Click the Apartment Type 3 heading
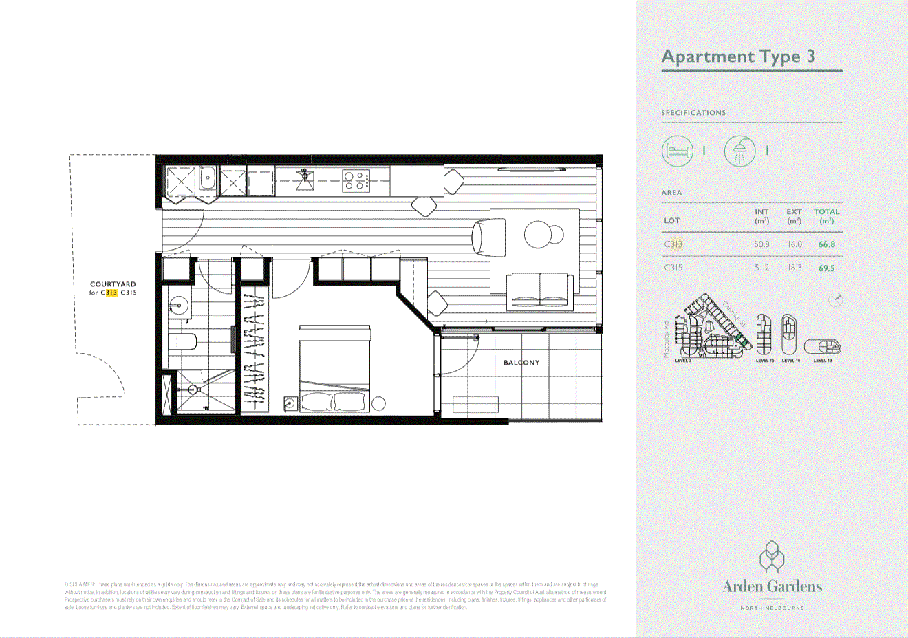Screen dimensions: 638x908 click(x=738, y=56)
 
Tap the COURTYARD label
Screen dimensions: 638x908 click(x=113, y=284)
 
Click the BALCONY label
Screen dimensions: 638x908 click(x=521, y=363)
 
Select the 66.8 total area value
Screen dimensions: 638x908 click(x=826, y=244)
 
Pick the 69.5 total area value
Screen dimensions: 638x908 click(x=826, y=268)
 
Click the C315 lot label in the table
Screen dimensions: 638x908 click(x=673, y=268)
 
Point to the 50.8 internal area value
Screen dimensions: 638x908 click(x=761, y=244)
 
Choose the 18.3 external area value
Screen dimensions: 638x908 click(x=794, y=268)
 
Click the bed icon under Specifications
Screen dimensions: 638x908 click(x=677, y=151)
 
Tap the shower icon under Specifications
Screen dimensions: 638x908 click(x=739, y=151)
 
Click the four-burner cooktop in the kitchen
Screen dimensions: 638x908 click(x=357, y=181)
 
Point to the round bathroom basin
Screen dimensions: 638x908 click(x=180, y=305)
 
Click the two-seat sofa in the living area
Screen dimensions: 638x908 click(x=540, y=290)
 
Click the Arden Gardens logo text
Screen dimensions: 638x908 click(x=772, y=586)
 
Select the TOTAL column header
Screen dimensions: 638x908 click(x=827, y=212)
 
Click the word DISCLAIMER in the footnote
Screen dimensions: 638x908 click(x=80, y=584)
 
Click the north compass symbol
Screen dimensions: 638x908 click(x=835, y=299)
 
